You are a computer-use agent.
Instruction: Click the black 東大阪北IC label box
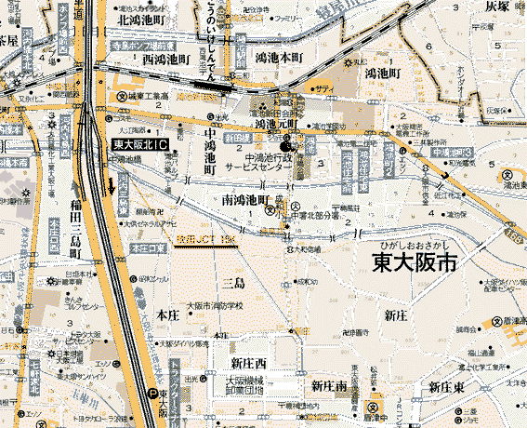click(x=139, y=145)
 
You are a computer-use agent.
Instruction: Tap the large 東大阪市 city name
click(x=415, y=262)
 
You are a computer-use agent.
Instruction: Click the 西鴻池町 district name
click(x=167, y=59)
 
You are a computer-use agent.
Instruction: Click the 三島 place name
click(x=233, y=280)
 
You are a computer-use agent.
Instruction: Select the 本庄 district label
click(x=169, y=316)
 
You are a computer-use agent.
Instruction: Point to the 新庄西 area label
click(x=249, y=362)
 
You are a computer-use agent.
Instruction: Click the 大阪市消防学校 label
click(x=213, y=305)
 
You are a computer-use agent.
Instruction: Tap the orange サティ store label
click(x=324, y=87)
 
